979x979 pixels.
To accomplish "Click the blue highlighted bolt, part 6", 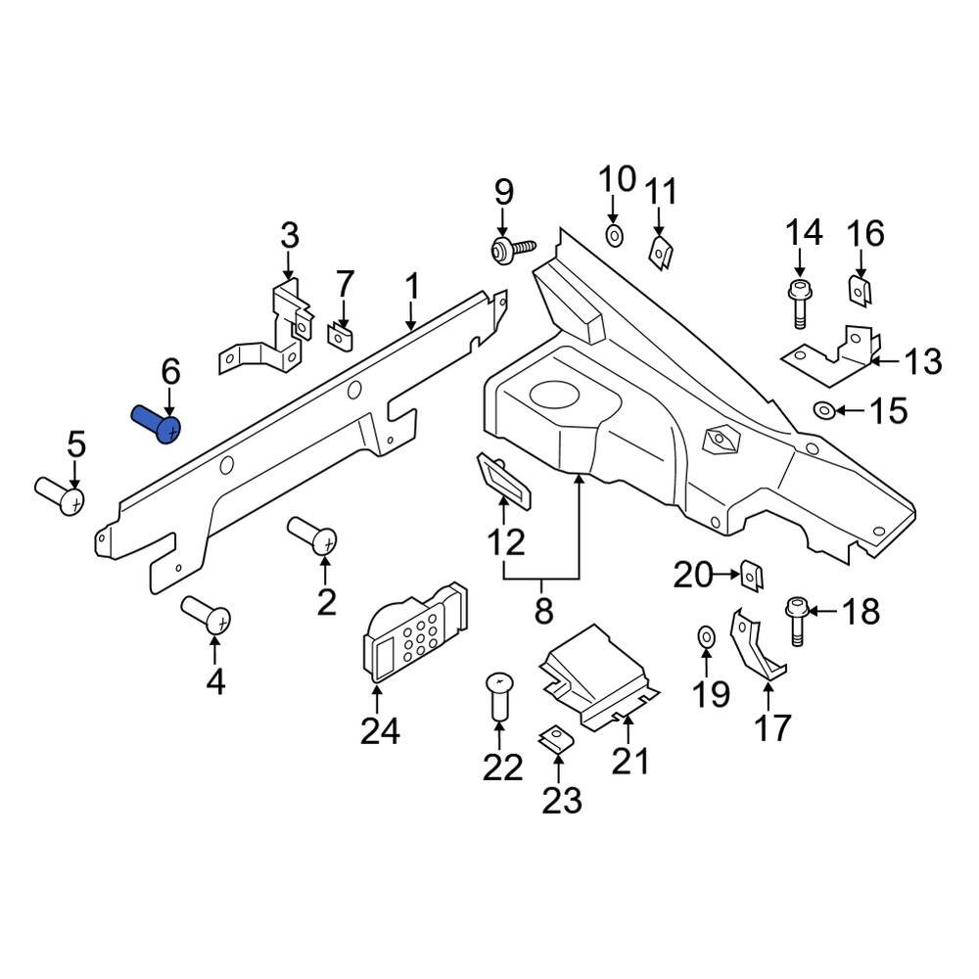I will point(157,424).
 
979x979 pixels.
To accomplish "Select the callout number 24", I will point(380,730).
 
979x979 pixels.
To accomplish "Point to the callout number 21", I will point(630,760).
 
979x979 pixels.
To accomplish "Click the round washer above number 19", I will point(706,638).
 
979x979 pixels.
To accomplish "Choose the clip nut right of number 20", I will point(751,576).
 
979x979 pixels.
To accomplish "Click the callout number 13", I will point(921,362).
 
